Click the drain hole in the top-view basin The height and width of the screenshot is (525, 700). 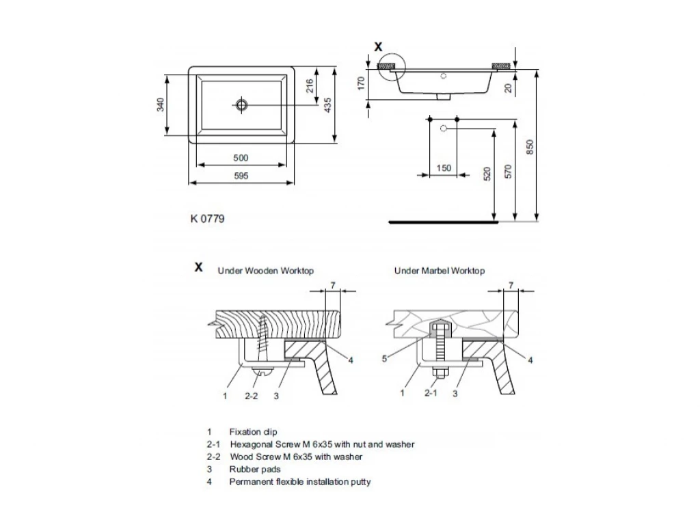coord(241,105)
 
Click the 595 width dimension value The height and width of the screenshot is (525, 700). coord(240,176)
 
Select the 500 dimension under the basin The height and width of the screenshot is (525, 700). coord(240,158)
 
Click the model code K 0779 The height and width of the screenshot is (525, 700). coord(207,219)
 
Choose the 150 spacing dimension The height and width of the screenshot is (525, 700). coord(444,168)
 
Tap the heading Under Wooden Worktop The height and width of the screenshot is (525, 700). coord(265,271)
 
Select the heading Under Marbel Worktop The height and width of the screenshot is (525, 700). coord(440,271)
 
